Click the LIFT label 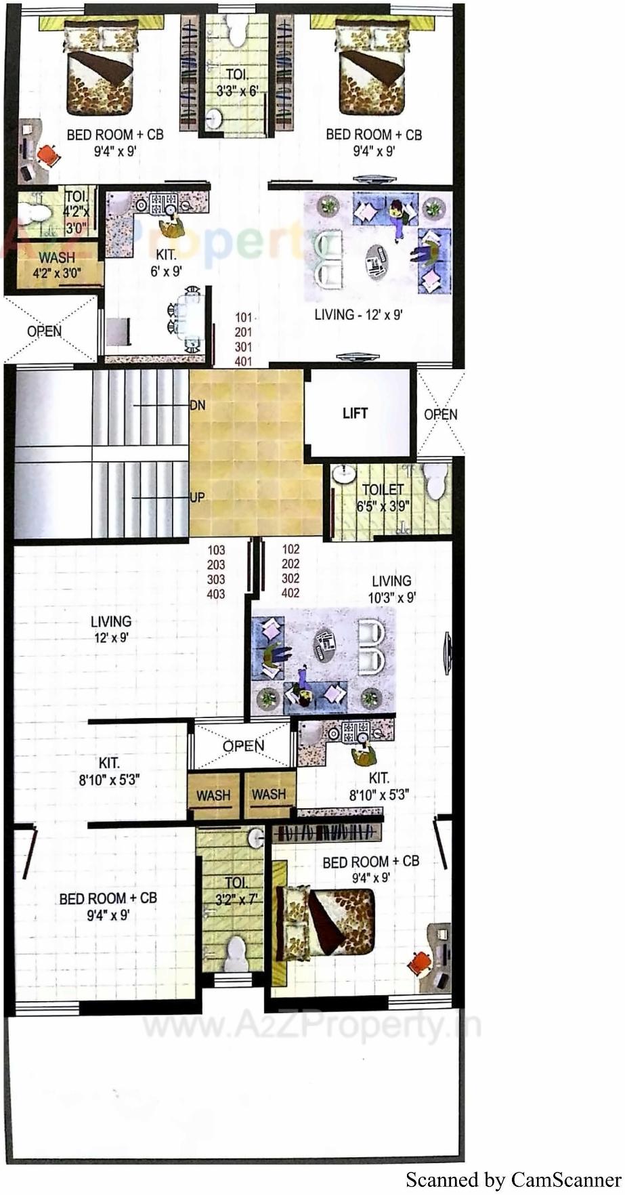point(355,413)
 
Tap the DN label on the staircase point(197,405)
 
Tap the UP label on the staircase point(197,497)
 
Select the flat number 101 point(243,317)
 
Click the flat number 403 point(216,595)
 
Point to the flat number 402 point(290,593)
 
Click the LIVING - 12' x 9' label point(359,315)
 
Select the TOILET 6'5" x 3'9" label point(383,497)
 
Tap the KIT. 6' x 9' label point(166,263)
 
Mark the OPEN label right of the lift point(440,415)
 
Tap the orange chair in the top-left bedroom point(48,154)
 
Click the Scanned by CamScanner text point(513,1180)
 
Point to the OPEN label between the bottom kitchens point(244,746)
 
